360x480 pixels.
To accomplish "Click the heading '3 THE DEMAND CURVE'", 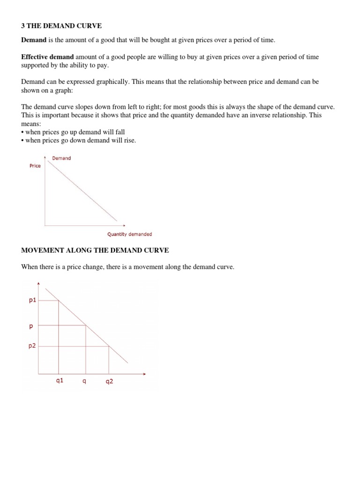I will tap(61, 26).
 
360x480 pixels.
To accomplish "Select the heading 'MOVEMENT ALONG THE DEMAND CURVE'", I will tap(95, 251).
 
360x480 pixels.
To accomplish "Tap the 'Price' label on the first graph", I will tap(35, 166).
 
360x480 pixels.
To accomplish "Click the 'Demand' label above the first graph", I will tap(61, 158).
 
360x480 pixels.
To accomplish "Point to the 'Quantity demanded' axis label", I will tap(129, 234).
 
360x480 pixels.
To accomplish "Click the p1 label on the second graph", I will tap(32, 300).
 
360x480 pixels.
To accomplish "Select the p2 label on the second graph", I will tap(32, 346).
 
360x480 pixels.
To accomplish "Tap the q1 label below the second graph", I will tap(59, 381).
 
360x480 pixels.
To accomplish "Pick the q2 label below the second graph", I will tap(109, 382).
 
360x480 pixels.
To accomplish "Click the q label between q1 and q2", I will tap(84, 381).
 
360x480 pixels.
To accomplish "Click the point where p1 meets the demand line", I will tap(59, 300).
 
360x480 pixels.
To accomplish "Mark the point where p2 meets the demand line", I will tap(109, 346).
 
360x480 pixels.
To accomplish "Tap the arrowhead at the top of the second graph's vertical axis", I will tap(38, 283).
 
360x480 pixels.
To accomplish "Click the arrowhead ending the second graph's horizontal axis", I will tap(144, 374).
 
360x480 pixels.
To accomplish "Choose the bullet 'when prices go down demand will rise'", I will tap(78, 141).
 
